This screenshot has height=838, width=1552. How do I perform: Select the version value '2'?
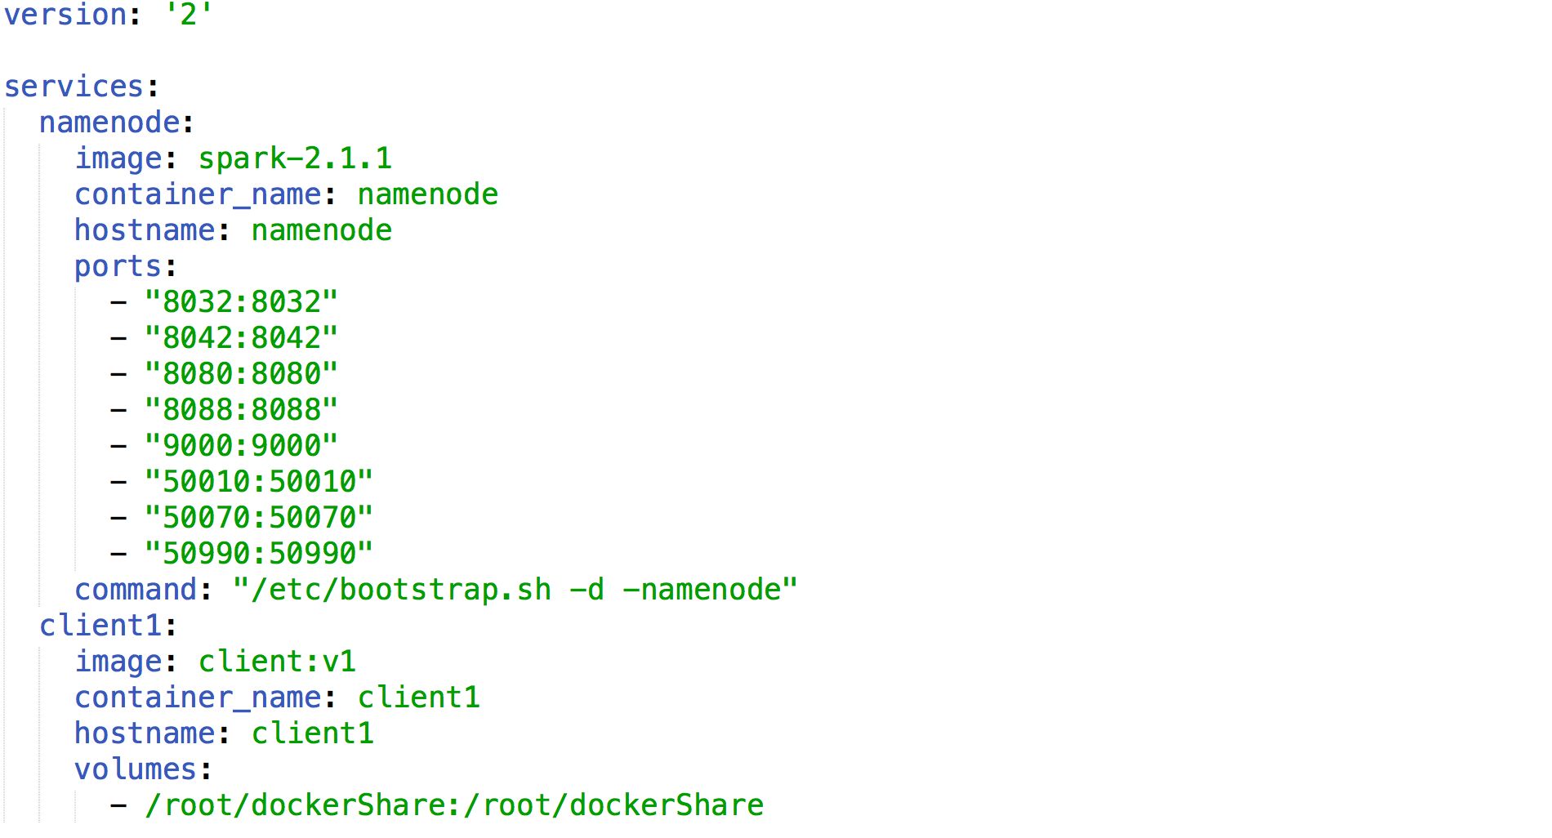(189, 15)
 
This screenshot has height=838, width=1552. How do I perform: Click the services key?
(74, 87)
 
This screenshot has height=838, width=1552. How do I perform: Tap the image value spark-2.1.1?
(295, 158)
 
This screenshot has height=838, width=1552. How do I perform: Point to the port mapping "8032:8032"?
(241, 302)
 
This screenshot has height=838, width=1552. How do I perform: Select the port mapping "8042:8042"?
(241, 338)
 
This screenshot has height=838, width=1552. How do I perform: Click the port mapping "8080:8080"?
(241, 374)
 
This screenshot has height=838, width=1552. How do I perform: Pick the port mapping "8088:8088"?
(241, 410)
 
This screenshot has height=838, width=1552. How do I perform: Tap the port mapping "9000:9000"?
(241, 446)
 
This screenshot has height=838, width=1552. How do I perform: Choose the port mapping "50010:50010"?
(259, 482)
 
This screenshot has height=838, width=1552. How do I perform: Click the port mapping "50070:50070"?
(259, 518)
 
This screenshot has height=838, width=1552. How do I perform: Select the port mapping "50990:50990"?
(259, 554)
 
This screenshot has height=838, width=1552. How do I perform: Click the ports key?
(118, 267)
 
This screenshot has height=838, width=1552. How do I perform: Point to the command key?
(136, 590)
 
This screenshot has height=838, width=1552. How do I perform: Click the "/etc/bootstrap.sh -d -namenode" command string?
(515, 590)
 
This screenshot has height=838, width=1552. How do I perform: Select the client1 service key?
(100, 626)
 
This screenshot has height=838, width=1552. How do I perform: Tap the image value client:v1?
(277, 662)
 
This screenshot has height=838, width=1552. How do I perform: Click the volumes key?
(136, 769)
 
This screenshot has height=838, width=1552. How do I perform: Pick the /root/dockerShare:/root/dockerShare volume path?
(454, 805)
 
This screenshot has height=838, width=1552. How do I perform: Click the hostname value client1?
(313, 733)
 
